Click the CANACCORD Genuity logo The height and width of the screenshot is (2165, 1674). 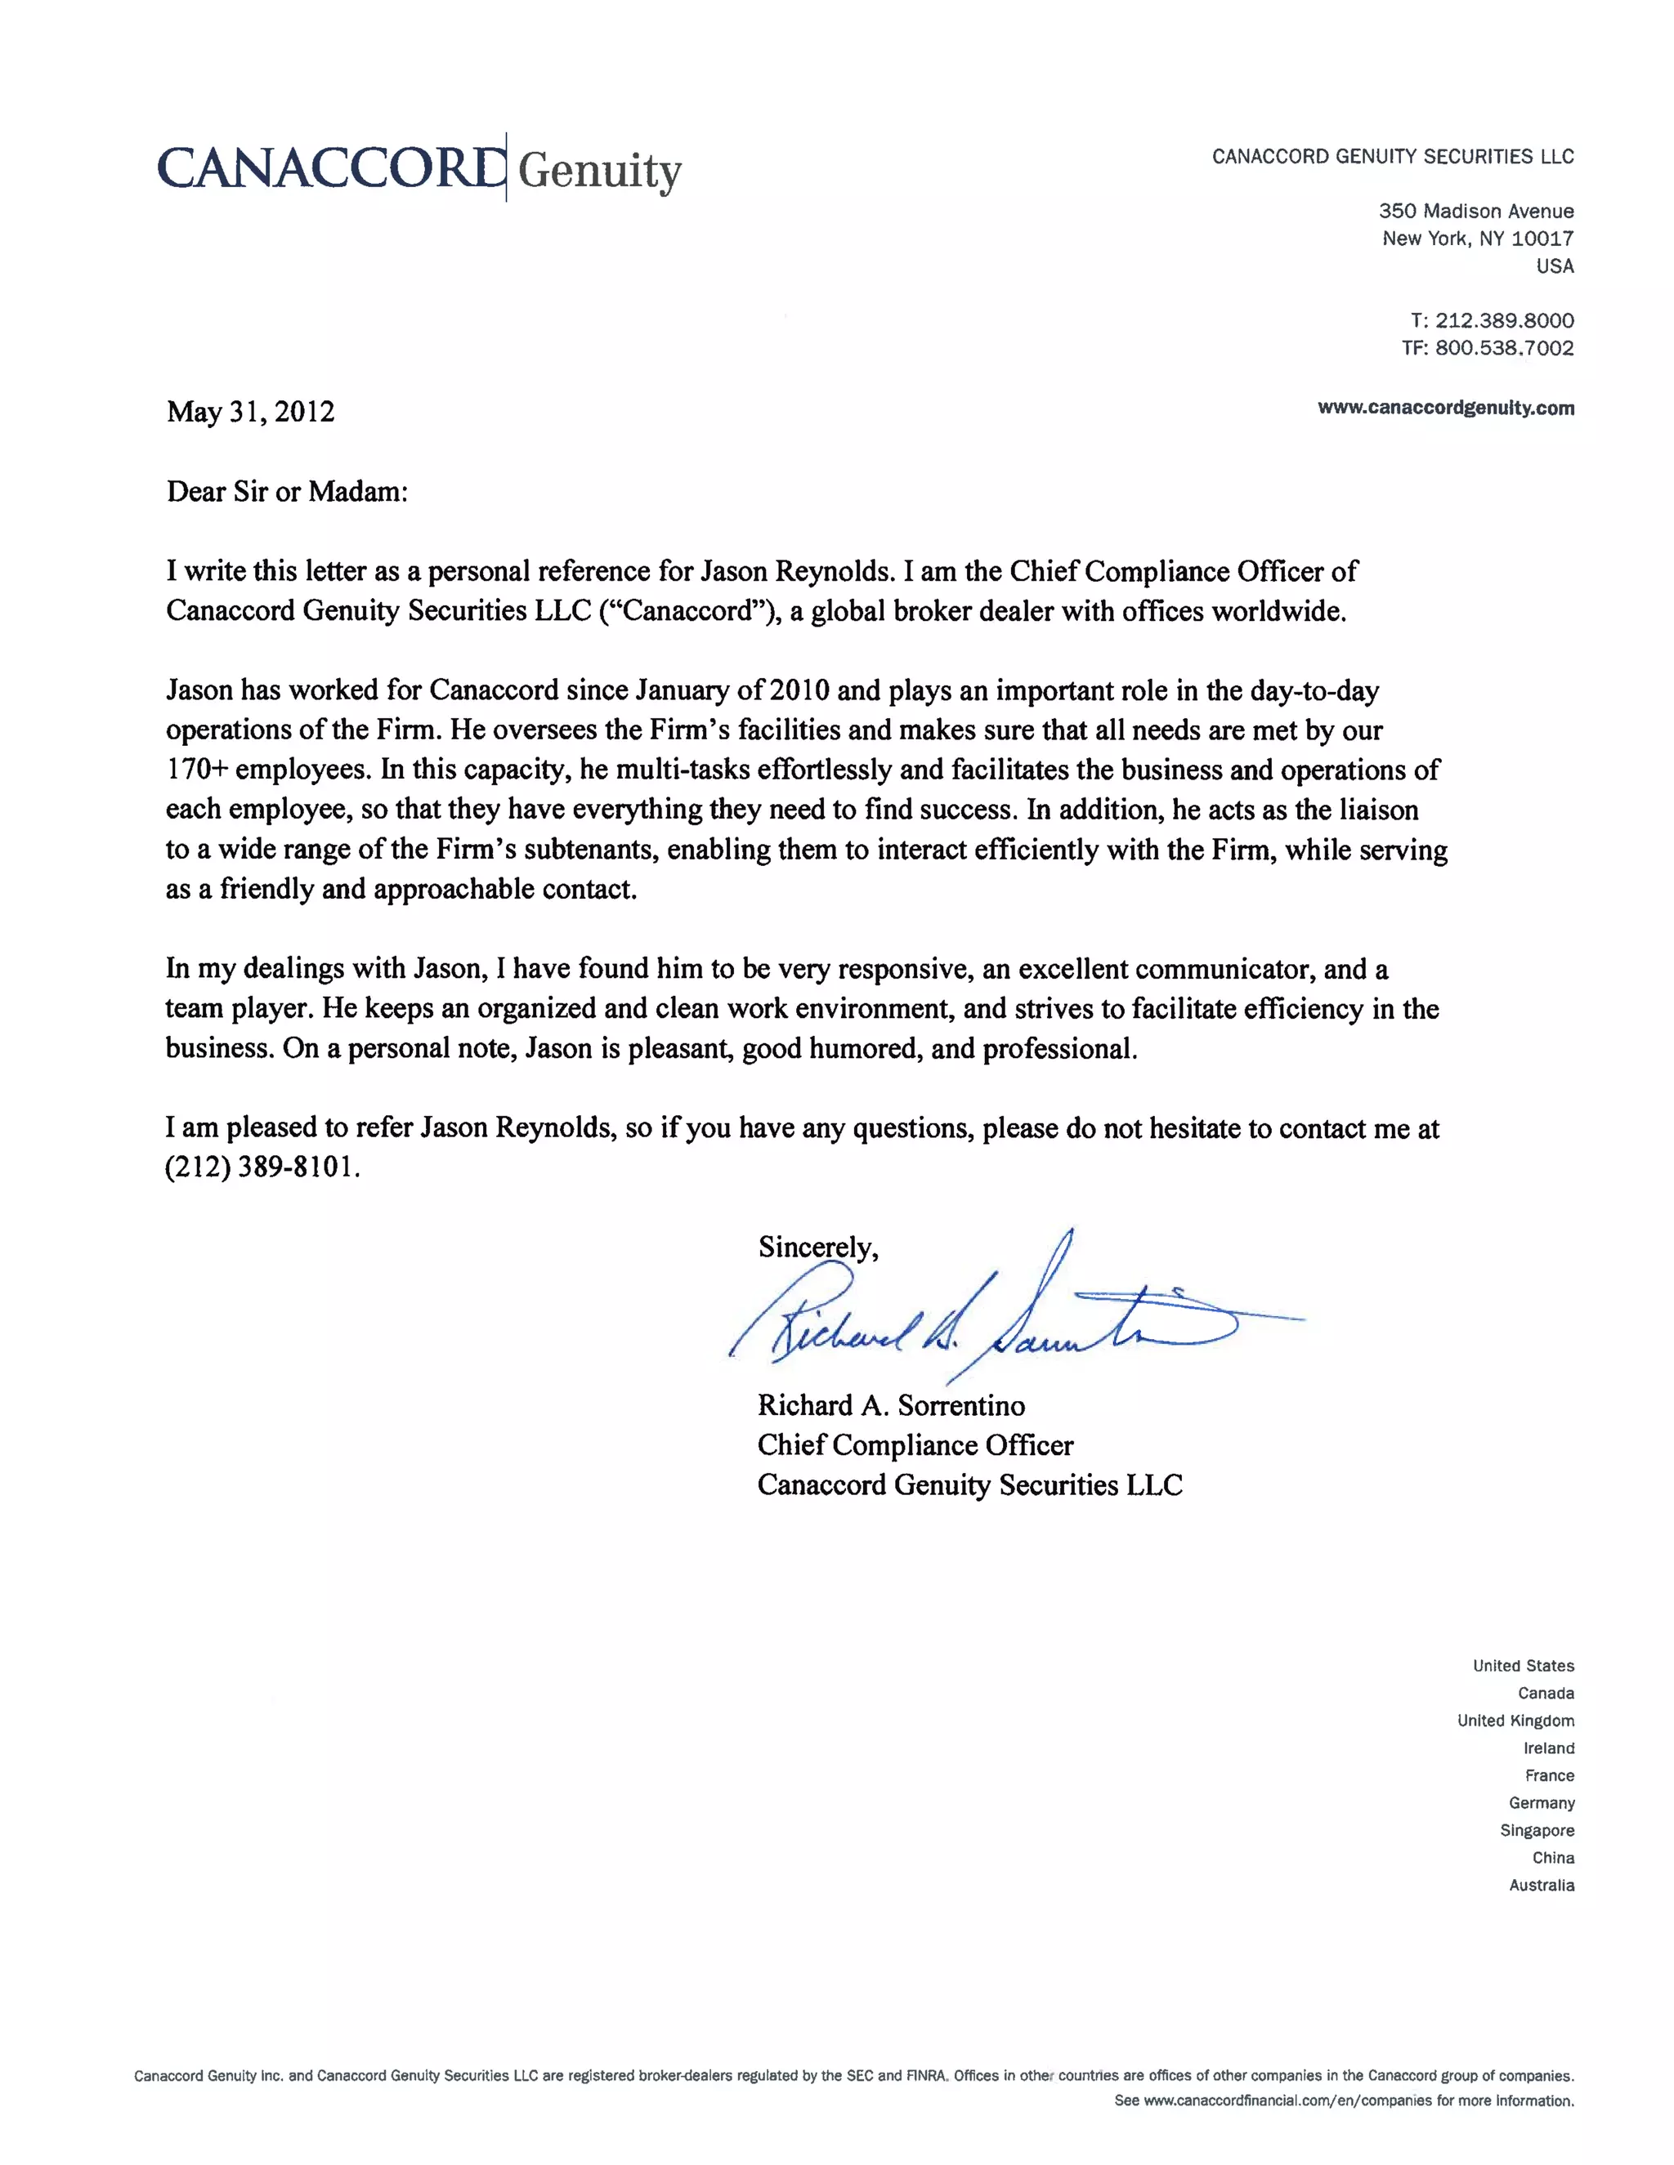pos(418,168)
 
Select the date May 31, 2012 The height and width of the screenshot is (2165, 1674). pos(250,412)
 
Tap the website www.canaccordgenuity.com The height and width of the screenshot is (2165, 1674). pos(1445,408)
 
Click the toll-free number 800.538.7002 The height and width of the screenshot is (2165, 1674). pos(1503,348)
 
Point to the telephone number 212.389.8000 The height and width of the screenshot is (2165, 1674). pos(1503,320)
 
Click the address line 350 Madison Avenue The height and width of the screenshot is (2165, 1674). pos(1475,211)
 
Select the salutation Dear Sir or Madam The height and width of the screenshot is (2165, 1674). pos(287,492)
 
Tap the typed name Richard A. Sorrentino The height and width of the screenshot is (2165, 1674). pos(891,1404)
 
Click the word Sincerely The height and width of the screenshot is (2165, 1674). pos(817,1247)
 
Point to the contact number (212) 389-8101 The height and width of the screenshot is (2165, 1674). pos(261,1167)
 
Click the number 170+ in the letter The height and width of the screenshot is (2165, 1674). pos(197,770)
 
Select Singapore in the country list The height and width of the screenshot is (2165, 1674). pos(1536,1830)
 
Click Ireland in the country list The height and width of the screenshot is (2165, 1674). pos(1548,1748)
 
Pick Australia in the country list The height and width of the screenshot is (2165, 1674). pos(1541,1885)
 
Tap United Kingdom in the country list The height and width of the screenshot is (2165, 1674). pos(1515,1720)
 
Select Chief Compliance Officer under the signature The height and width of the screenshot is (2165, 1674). pos(915,1444)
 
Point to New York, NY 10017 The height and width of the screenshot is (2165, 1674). pos(1478,239)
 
